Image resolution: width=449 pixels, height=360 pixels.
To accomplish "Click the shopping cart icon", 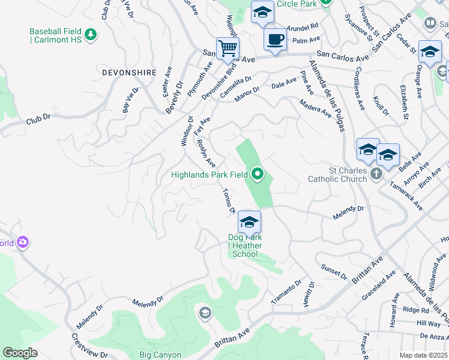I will pyautogui.click(x=228, y=47).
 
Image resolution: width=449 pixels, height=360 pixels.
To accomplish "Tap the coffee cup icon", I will pyautogui.click(x=275, y=40).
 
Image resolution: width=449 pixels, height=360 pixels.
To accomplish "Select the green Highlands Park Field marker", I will pyautogui.click(x=258, y=175).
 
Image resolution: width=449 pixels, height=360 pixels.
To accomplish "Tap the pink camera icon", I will pyautogui.click(x=23, y=242).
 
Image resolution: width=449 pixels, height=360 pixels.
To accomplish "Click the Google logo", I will pyautogui.click(x=20, y=353).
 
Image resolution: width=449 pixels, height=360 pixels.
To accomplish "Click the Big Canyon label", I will pyautogui.click(x=160, y=355).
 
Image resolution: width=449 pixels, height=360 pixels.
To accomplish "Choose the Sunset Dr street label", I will pyautogui.click(x=334, y=271).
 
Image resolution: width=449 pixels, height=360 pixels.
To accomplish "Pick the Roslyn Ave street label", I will pyautogui.click(x=206, y=154).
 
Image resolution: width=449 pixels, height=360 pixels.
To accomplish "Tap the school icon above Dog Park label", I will pyautogui.click(x=249, y=223).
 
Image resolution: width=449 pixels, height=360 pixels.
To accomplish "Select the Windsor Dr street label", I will pyautogui.click(x=185, y=131).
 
